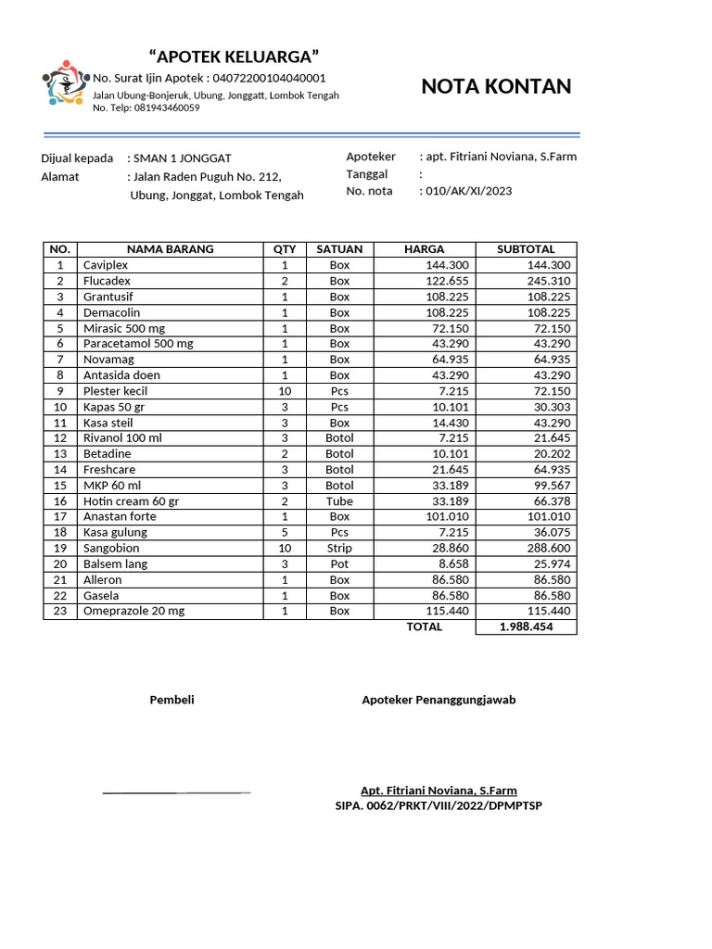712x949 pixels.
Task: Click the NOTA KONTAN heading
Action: pos(496,87)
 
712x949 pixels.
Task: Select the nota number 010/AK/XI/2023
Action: pos(468,191)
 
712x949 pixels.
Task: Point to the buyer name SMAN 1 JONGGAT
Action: pos(183,158)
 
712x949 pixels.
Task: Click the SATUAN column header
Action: pos(339,249)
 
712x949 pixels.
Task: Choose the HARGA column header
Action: pos(424,249)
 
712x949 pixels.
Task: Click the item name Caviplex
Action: pos(106,265)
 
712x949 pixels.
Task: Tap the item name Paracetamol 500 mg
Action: pos(138,344)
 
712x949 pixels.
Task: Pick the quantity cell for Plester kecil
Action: pos(285,391)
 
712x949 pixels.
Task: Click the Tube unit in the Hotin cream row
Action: pos(339,501)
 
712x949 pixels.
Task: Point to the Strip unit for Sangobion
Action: pos(339,549)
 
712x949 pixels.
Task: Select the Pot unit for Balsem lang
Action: pos(339,564)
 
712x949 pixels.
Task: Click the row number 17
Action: pos(60,517)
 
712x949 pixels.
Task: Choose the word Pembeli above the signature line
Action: pos(172,700)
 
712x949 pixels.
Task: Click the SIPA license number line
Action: pos(439,806)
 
